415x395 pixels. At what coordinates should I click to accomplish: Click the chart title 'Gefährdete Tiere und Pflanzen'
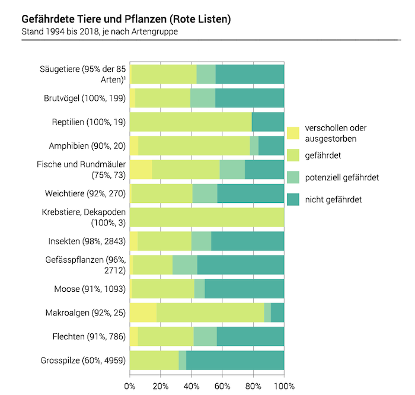[x=126, y=19]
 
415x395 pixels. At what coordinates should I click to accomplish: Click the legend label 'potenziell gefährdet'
[x=341, y=177]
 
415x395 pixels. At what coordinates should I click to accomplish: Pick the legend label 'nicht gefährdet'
[x=333, y=199]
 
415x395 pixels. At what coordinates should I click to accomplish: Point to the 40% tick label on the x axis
[x=191, y=386]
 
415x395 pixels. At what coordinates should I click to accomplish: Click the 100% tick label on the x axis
[x=285, y=386]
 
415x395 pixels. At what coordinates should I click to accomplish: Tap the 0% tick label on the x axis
[x=130, y=386]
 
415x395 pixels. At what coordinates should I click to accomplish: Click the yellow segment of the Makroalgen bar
[x=143, y=313]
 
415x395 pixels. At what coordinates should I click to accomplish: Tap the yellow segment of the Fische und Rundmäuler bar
[x=141, y=170]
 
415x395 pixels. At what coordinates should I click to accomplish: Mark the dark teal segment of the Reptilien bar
[x=268, y=122]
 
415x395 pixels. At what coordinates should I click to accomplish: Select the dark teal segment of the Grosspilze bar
[x=235, y=361]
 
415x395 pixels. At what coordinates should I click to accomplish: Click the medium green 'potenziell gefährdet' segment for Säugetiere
[x=206, y=75]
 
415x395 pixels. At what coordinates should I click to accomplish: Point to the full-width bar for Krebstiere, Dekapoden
[x=207, y=218]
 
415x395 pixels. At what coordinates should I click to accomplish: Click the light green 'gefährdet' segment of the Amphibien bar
[x=194, y=146]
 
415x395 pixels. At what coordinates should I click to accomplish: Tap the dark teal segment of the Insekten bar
[x=247, y=241]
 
